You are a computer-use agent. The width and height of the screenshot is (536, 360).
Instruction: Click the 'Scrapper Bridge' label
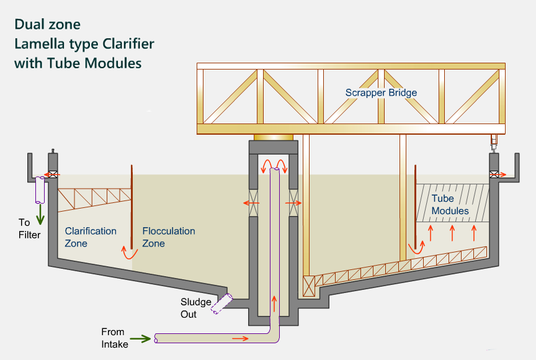click(x=381, y=92)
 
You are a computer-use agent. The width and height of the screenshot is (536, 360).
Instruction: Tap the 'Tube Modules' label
click(x=450, y=205)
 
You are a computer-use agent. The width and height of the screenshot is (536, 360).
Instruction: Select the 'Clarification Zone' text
click(x=91, y=237)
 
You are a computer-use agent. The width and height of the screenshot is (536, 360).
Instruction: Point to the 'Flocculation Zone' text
click(x=169, y=237)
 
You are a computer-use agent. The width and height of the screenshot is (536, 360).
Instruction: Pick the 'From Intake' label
click(x=114, y=338)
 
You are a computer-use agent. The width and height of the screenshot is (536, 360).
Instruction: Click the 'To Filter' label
click(x=29, y=228)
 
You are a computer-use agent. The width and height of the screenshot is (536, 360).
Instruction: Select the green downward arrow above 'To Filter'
click(x=41, y=215)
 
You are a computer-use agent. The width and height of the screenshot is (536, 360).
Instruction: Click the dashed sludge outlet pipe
click(x=220, y=304)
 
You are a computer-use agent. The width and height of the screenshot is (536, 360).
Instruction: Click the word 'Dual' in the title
click(x=29, y=25)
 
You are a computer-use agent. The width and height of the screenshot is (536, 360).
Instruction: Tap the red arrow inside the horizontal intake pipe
click(x=241, y=339)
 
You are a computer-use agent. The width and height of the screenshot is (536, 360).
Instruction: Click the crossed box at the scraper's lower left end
click(x=308, y=287)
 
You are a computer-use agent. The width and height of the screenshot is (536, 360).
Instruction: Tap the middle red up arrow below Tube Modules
click(x=452, y=233)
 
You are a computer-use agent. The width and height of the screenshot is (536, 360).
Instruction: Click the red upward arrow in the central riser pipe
click(x=274, y=304)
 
